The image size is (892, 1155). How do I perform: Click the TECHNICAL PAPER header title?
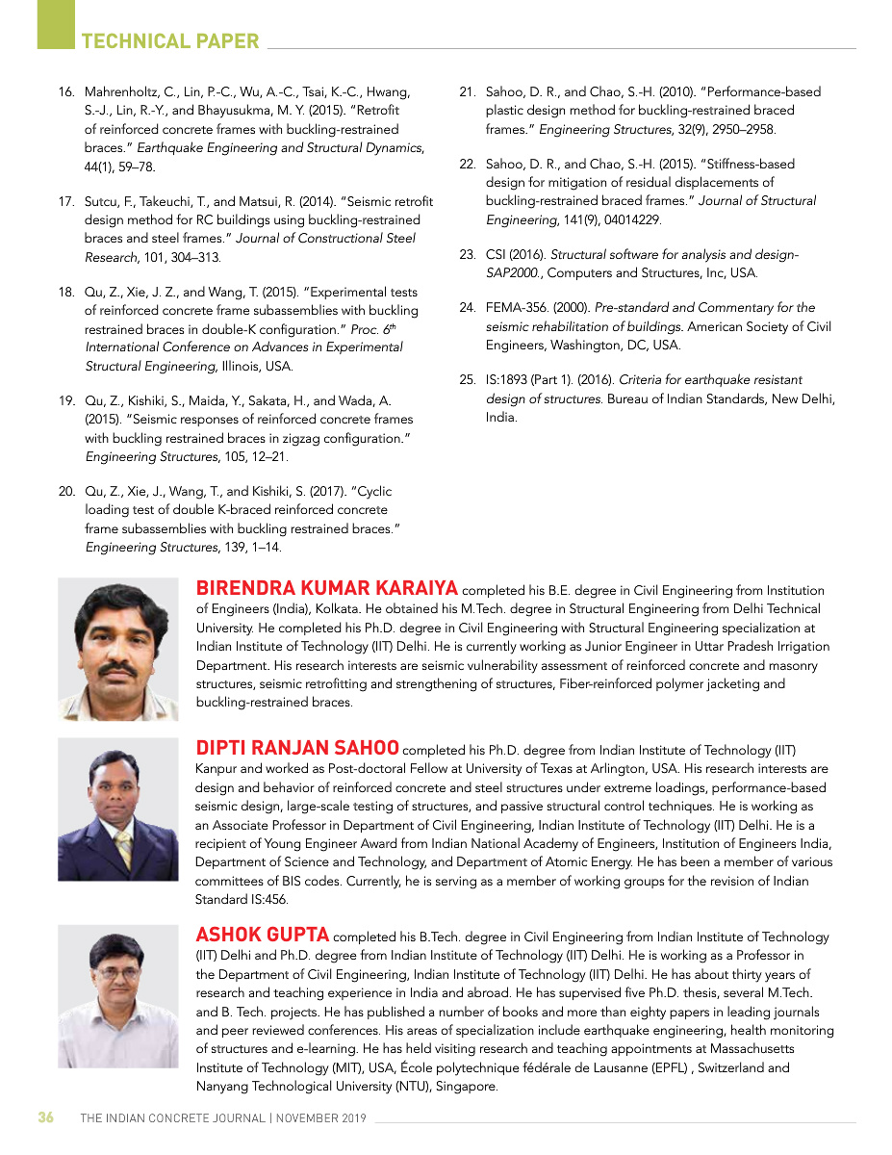[x=170, y=41]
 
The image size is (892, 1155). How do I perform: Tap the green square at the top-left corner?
[x=56, y=23]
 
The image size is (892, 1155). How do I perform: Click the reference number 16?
[x=66, y=92]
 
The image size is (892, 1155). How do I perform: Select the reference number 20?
[x=66, y=492]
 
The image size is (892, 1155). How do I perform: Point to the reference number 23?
[x=468, y=255]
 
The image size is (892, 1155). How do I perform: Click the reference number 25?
[x=468, y=380]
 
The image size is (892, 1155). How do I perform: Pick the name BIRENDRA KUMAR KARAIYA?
[x=327, y=589]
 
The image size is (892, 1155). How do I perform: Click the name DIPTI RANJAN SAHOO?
[x=297, y=749]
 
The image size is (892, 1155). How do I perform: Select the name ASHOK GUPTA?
[x=263, y=935]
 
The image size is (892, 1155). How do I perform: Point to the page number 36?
[x=45, y=1118]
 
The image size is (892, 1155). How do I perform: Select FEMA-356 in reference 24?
[x=517, y=308]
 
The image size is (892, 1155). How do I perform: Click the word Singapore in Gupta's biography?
[x=466, y=1087]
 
